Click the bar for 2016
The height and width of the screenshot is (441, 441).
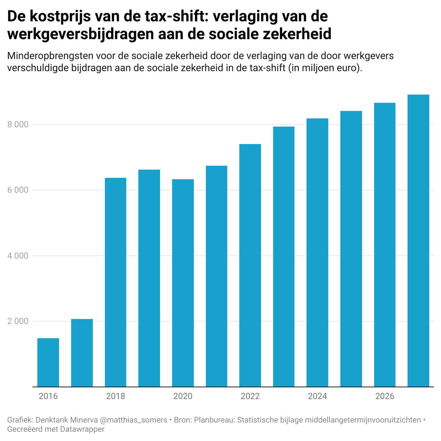48,362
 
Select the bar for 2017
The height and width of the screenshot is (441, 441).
82,353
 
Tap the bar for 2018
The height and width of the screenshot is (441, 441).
115,282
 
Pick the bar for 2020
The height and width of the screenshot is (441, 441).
183,283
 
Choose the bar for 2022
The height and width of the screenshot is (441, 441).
250,265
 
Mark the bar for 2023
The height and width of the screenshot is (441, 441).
284,257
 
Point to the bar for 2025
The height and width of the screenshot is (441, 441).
351,249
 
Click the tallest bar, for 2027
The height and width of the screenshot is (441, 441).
418,241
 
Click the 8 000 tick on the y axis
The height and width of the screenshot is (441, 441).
18,125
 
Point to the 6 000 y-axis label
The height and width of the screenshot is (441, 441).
18,190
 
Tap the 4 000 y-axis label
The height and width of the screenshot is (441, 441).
18,256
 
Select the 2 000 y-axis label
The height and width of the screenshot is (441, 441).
18,321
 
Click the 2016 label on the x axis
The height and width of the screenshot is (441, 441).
48,396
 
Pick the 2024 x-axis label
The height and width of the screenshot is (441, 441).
318,396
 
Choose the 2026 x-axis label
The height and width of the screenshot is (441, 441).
385,396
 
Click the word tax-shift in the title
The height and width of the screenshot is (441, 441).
174,17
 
